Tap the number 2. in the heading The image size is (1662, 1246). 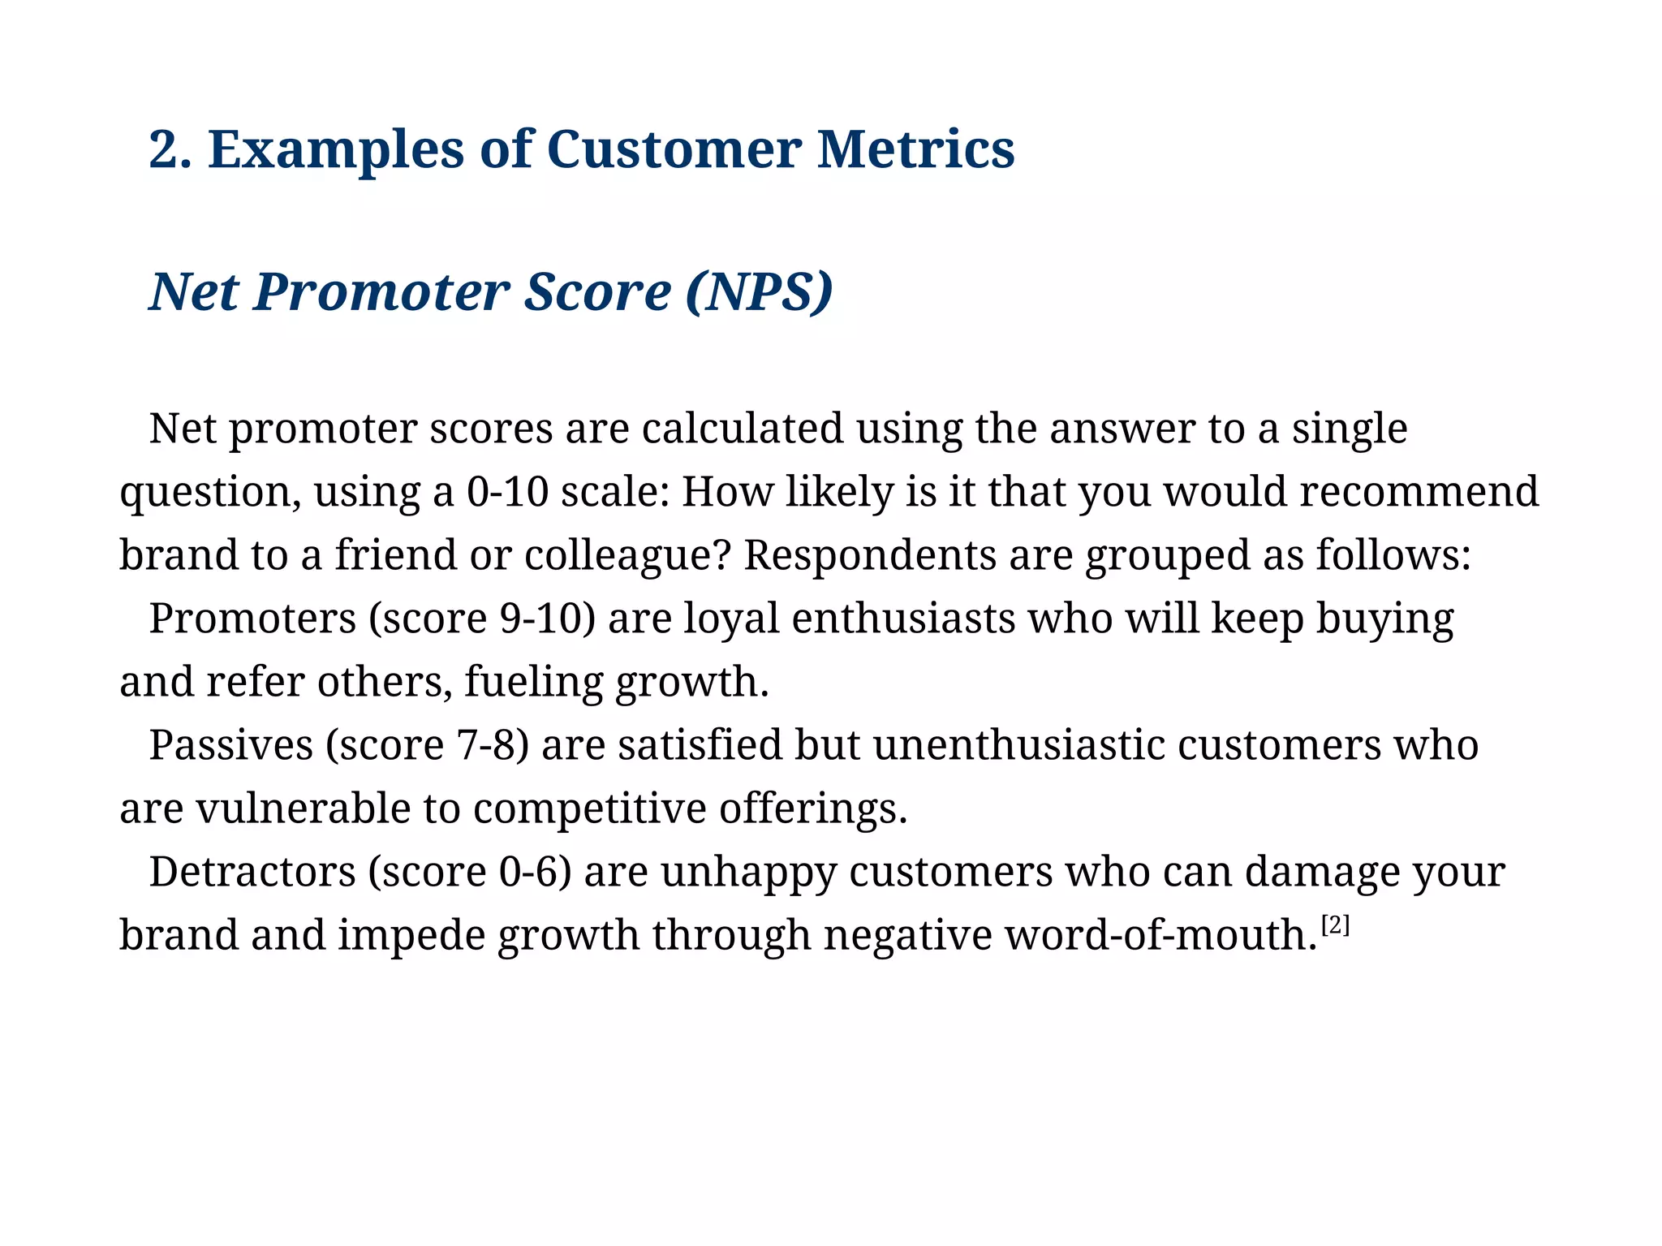coord(170,150)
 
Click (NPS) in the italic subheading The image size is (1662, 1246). coord(759,292)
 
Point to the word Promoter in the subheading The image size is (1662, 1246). coord(382,292)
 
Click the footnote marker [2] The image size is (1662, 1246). coord(1335,925)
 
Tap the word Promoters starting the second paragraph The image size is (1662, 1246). coord(252,619)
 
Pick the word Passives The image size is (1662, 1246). coord(230,745)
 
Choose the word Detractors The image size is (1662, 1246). coord(252,872)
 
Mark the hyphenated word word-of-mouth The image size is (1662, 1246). coord(1160,935)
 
